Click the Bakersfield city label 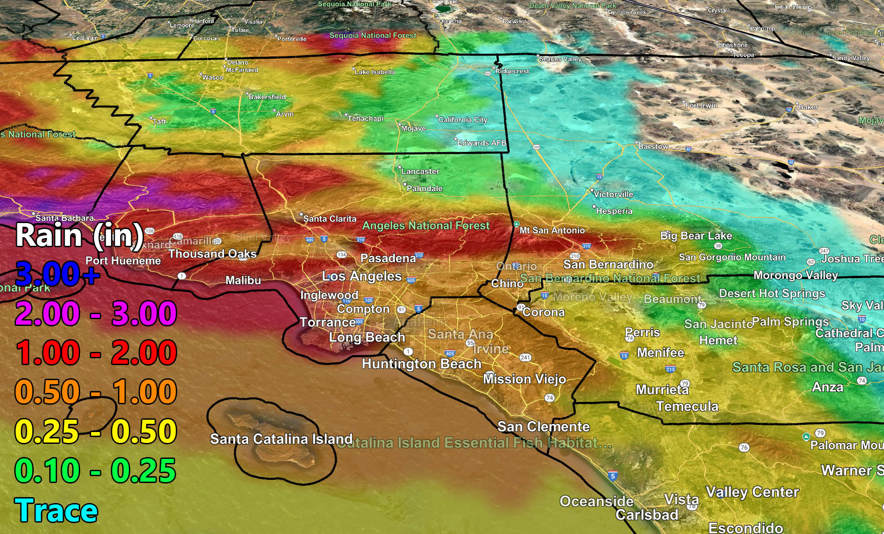[x=267, y=97]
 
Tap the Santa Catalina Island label [x=281, y=439]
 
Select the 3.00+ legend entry [x=57, y=274]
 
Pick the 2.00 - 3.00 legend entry [x=96, y=313]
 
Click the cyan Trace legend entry [x=56, y=510]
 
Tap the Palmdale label [x=424, y=188]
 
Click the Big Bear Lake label [x=696, y=236]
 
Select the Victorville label [x=613, y=194]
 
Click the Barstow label [x=653, y=147]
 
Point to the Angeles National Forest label [x=426, y=225]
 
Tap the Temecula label [x=687, y=406]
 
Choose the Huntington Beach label [x=421, y=364]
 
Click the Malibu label [x=243, y=280]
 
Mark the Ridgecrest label [x=512, y=71]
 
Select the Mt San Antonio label [x=552, y=230]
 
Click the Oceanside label [x=597, y=501]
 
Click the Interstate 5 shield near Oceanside [x=613, y=476]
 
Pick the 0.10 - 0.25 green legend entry [x=96, y=471]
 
